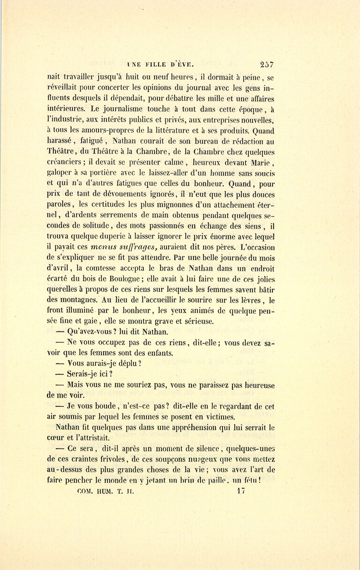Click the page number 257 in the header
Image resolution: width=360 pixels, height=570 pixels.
point(266,64)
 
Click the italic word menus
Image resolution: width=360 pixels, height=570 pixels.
point(106,248)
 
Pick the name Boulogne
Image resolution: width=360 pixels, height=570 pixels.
point(118,279)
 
